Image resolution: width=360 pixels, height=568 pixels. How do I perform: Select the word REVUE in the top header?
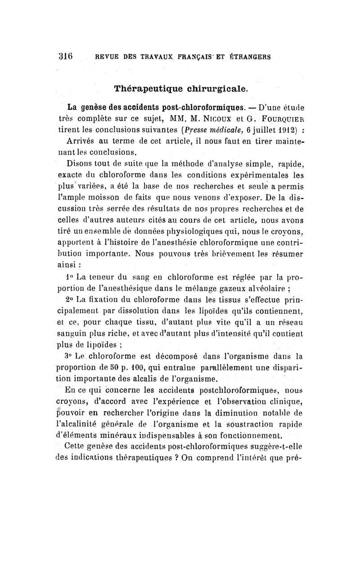point(107,57)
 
